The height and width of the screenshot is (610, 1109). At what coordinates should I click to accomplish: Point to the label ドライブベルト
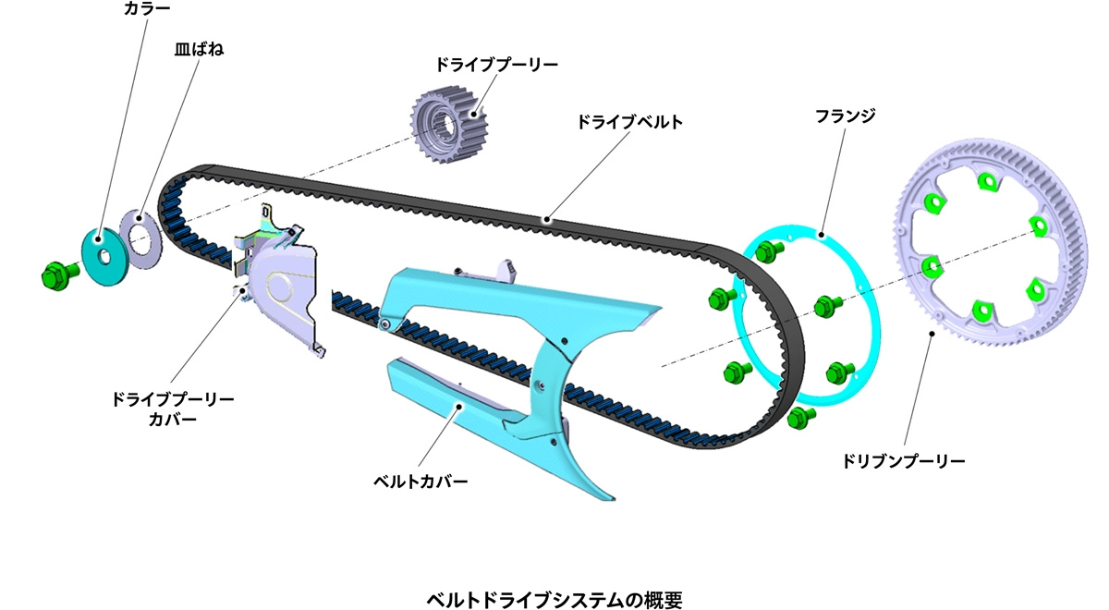tap(629, 122)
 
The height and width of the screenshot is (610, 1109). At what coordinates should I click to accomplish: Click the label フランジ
tap(845, 116)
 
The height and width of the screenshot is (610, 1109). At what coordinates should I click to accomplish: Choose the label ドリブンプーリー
tap(904, 458)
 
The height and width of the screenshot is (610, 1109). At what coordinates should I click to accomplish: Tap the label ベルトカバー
tap(420, 481)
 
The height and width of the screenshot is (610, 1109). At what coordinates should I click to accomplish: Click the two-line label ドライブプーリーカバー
tap(173, 410)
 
